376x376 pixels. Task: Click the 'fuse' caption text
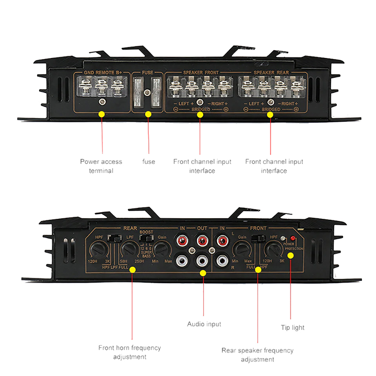click(149, 162)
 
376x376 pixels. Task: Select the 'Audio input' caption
click(204, 324)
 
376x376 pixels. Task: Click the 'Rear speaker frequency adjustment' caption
click(257, 355)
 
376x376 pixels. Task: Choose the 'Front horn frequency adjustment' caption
click(130, 352)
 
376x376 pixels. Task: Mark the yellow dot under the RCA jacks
click(203, 273)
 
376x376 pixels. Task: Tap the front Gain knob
click(242, 249)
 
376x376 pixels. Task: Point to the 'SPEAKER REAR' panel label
click(271, 73)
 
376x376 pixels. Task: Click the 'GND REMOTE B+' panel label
click(104, 73)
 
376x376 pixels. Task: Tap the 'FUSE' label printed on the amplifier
click(148, 73)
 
